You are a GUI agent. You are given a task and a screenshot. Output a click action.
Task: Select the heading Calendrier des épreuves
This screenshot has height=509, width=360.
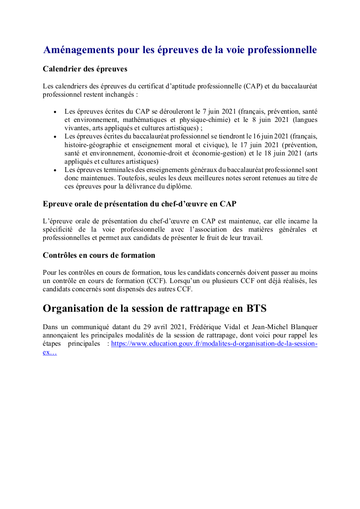(85, 69)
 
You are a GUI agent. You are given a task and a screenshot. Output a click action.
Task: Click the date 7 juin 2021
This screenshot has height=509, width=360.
(218, 111)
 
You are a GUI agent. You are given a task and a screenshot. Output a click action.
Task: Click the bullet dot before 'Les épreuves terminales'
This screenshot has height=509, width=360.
(55, 170)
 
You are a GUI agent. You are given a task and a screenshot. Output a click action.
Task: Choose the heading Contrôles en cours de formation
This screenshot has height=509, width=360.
(99, 255)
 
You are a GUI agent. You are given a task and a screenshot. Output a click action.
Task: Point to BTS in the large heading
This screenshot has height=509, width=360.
(256, 309)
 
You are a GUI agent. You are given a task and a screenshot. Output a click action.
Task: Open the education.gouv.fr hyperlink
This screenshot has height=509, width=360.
(214, 344)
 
